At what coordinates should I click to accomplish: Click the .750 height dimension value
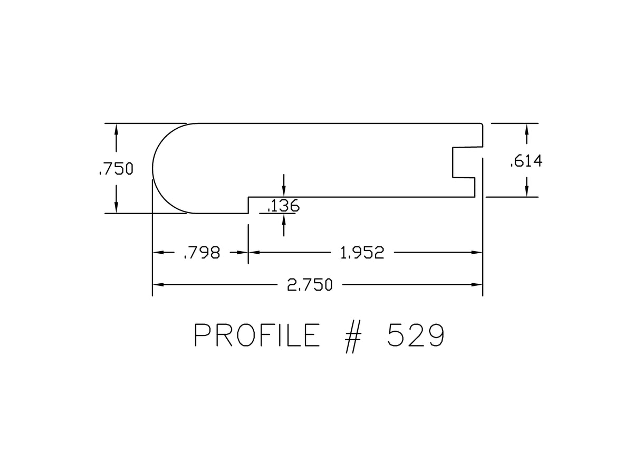(x=116, y=169)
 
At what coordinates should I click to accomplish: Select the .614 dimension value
(x=526, y=161)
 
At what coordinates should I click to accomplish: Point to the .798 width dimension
(x=202, y=253)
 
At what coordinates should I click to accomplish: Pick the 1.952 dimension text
(x=362, y=253)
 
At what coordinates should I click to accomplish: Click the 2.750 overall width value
(x=310, y=285)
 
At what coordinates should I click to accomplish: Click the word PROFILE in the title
(x=257, y=335)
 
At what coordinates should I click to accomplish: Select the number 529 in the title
(x=416, y=335)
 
